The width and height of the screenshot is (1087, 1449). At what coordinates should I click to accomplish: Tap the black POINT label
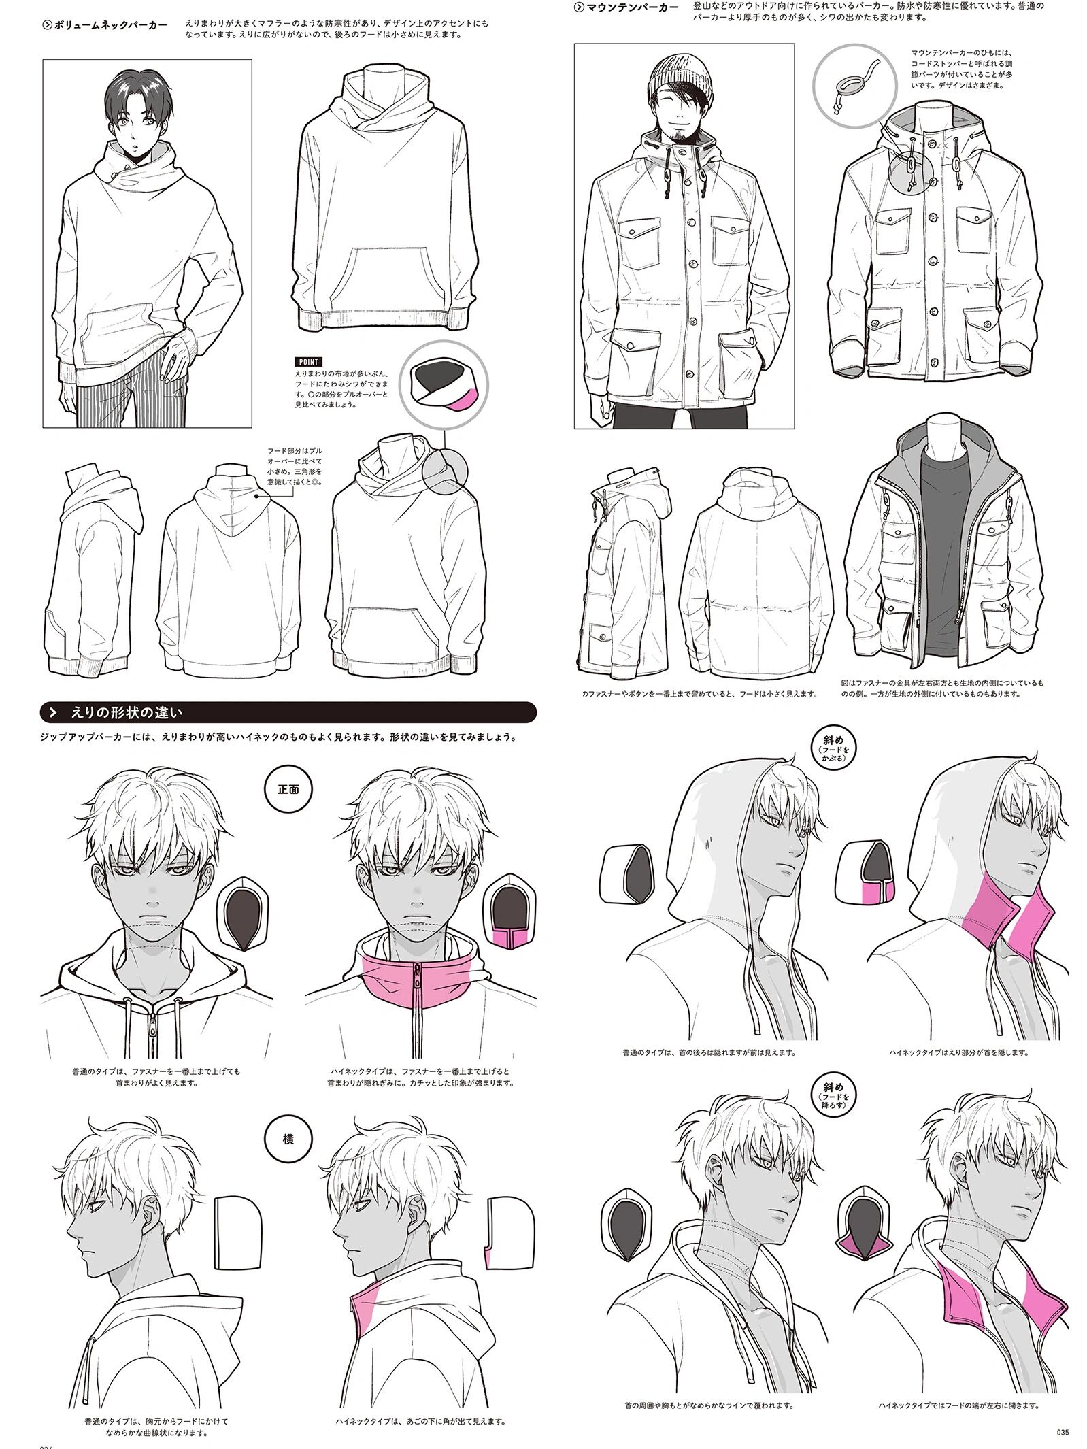tap(308, 361)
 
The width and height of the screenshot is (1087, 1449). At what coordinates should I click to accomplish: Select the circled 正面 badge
tap(288, 790)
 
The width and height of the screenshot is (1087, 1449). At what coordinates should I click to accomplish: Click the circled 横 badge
tap(288, 1139)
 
